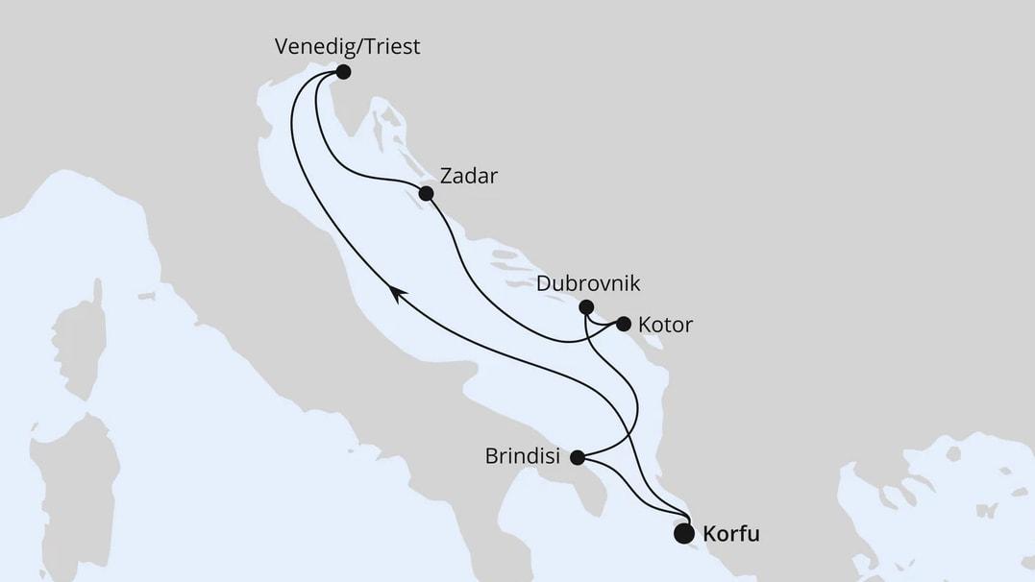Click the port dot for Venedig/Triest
pyautogui.click(x=343, y=72)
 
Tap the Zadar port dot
pyautogui.click(x=427, y=193)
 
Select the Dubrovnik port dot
pyautogui.click(x=586, y=307)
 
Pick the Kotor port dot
pyautogui.click(x=623, y=324)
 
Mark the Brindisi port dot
pyautogui.click(x=577, y=457)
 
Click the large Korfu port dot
pyautogui.click(x=684, y=533)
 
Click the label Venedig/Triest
pyautogui.click(x=347, y=47)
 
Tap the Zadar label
pyautogui.click(x=468, y=177)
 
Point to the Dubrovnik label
pyautogui.click(x=588, y=284)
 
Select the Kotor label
pyautogui.click(x=666, y=326)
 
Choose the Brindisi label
pyautogui.click(x=524, y=457)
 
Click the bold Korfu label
pyautogui.click(x=731, y=534)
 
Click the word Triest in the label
pyautogui.click(x=388, y=47)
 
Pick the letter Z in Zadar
pyautogui.click(x=446, y=177)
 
